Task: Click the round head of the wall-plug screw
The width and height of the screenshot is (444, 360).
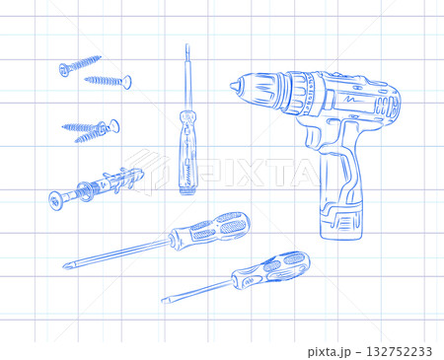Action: coord(54,200)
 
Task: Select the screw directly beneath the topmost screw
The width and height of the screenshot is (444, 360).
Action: coord(107,80)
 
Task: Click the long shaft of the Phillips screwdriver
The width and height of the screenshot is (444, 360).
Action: coord(118,252)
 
